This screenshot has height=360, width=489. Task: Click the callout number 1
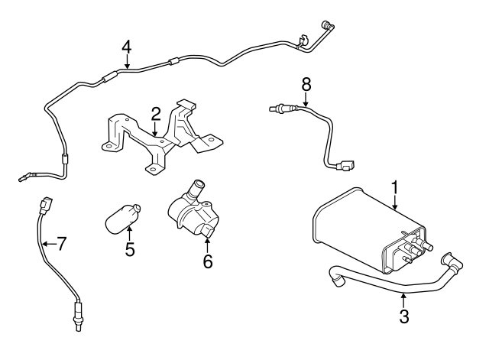(396, 186)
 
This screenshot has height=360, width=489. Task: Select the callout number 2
(155, 115)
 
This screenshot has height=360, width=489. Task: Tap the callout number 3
(404, 316)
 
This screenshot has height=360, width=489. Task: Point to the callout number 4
(127, 47)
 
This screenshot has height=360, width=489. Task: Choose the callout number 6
(207, 261)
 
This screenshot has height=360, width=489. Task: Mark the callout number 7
(61, 245)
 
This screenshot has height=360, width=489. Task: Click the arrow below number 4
(127, 63)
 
